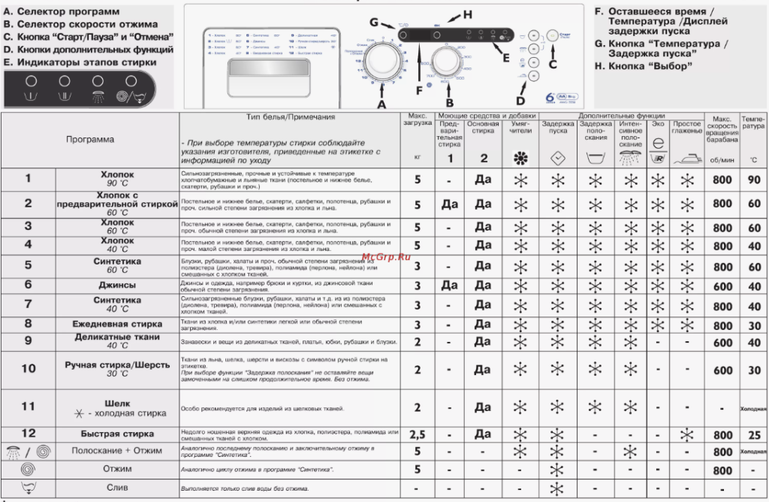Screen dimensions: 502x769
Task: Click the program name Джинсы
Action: [117, 286]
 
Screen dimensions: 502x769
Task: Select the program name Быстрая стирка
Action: [117, 434]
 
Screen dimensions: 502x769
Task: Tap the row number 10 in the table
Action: [29, 368]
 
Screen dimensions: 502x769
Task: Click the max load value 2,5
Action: [418, 434]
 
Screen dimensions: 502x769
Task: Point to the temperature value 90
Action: [753, 180]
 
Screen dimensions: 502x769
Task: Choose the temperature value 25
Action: [753, 435]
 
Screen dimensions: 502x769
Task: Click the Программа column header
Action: [90, 139]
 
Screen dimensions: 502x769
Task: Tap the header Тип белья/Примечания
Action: [291, 117]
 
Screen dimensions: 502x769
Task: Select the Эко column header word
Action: [658, 124]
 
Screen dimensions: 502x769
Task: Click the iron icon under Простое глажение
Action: [687, 159]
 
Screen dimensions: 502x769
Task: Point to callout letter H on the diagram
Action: [466, 14]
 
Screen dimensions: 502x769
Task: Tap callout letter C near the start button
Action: [553, 64]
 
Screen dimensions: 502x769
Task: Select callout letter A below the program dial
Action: [381, 104]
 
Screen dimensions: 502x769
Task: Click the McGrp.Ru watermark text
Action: [382, 257]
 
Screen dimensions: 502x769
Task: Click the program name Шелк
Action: [117, 404]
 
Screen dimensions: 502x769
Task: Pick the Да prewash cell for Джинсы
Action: [449, 286]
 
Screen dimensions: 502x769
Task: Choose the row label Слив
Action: [117, 487]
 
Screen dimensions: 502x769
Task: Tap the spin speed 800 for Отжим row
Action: [722, 470]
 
